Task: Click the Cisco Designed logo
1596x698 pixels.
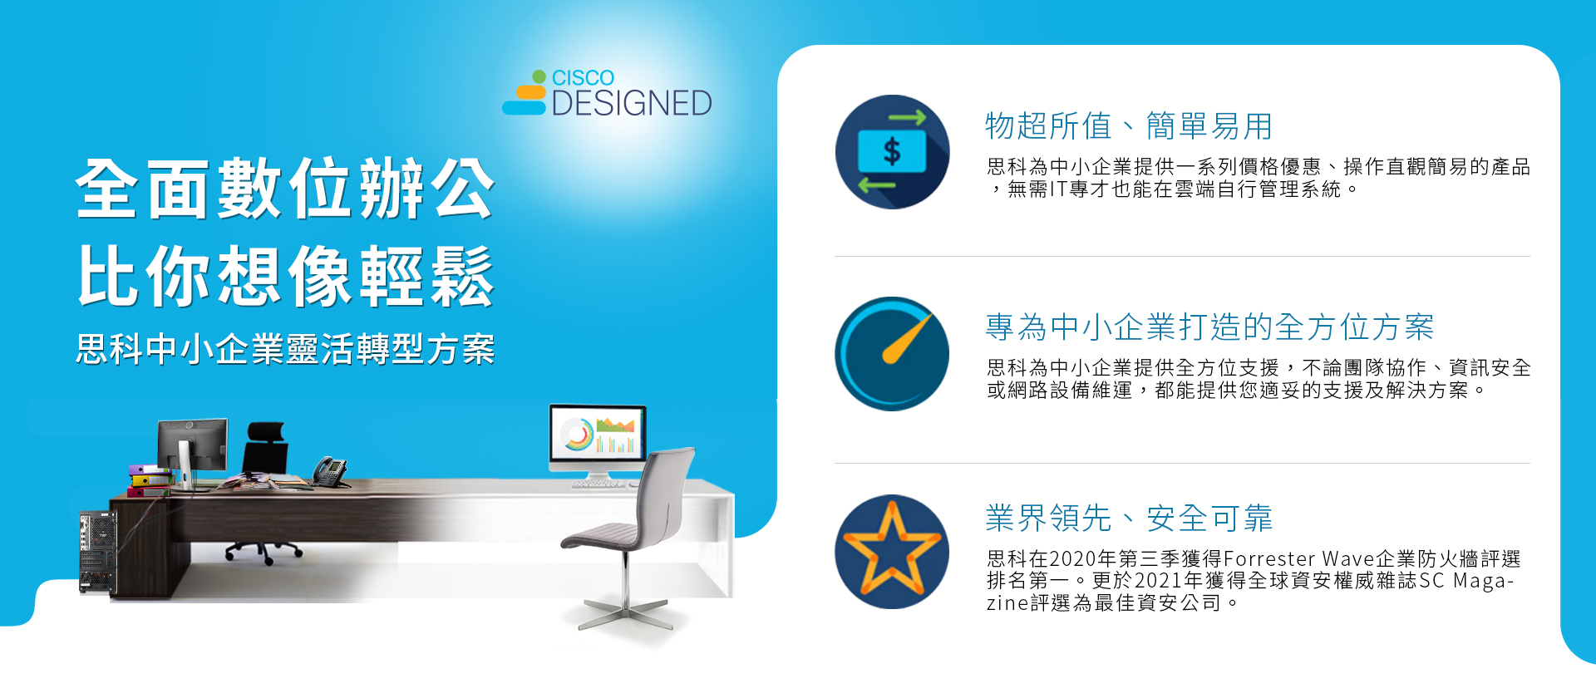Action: coord(607,92)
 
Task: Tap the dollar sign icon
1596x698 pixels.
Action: coord(892,152)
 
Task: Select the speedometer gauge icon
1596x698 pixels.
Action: coord(892,354)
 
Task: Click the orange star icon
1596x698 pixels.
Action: coord(892,552)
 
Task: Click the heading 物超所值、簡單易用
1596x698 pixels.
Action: coord(1129,126)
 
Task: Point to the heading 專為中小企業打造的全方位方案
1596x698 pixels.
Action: coord(1209,327)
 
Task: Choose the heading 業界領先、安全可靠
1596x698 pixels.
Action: coord(1129,519)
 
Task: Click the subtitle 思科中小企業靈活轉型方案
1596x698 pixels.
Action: coord(285,349)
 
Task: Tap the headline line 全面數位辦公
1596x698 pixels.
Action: coord(285,189)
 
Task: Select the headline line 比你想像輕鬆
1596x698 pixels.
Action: coord(285,276)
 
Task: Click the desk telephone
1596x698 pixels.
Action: coord(330,472)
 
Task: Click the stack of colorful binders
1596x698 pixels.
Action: coord(150,480)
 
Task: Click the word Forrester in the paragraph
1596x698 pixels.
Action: coord(1269,558)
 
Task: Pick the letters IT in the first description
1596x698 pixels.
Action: coord(1058,189)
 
